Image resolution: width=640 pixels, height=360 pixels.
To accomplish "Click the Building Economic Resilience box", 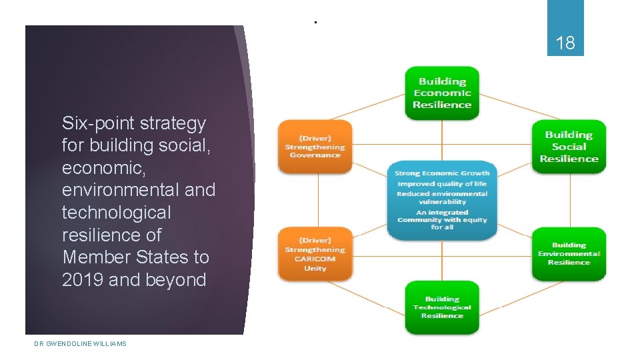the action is point(442,93).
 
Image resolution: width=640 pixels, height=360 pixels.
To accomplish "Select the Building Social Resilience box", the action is point(569,147).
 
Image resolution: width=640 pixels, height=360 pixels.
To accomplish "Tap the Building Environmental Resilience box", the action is point(569,254).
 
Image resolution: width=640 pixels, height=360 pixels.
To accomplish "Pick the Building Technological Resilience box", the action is point(442,307).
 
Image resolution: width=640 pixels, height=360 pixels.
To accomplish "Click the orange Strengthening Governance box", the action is point(315,147).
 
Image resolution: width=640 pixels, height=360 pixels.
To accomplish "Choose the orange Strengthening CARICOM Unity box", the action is point(315,254).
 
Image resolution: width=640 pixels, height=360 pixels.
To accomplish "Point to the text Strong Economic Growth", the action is point(442,173).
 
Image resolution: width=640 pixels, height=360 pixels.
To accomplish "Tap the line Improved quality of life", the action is point(442,184).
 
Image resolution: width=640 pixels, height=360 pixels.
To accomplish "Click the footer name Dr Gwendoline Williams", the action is point(80,343).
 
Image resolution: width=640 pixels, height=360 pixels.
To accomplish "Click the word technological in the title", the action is point(116,213).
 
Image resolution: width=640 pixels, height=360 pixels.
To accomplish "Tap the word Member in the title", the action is point(93,257).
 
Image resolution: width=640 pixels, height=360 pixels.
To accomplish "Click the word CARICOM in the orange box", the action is point(315,259).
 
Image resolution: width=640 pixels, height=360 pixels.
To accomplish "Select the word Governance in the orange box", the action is point(315,155).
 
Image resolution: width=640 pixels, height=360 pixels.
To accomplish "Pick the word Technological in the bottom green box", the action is point(442,307).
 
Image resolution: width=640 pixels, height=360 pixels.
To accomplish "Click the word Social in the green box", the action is point(569,147).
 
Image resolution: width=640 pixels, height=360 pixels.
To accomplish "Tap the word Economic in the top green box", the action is point(442,93).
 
